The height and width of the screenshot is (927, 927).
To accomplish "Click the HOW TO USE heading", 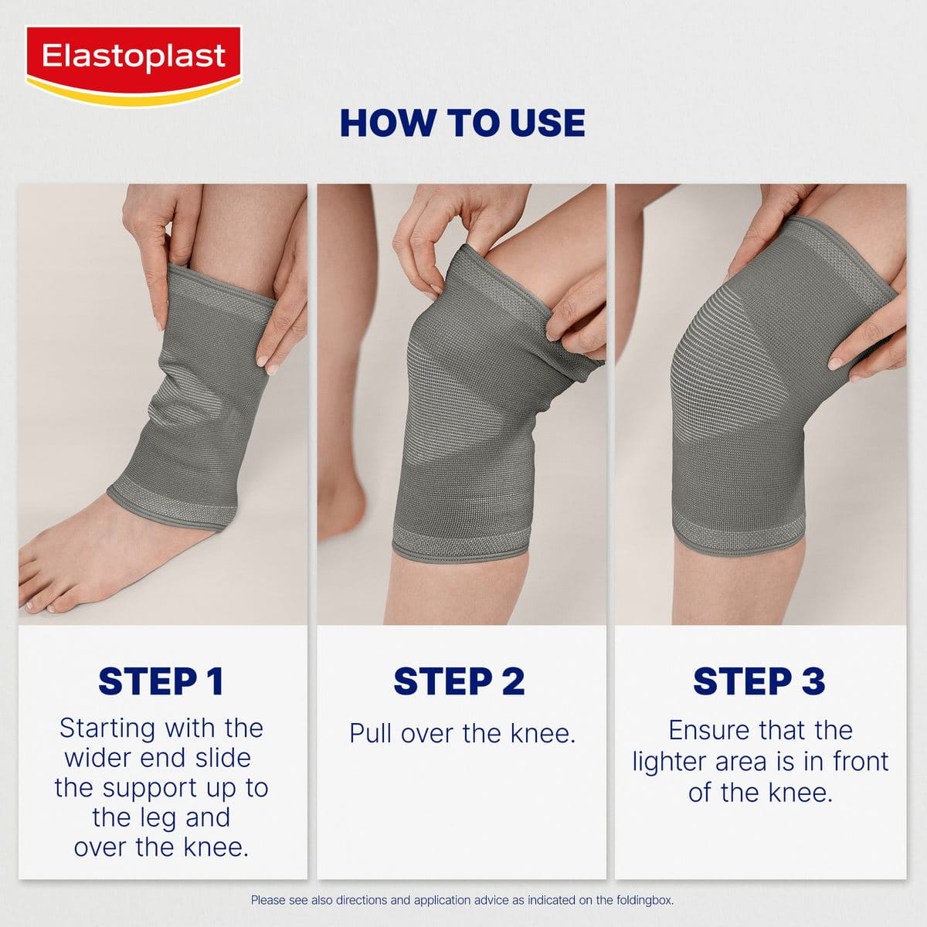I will tap(462, 124).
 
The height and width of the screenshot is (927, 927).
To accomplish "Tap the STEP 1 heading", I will tap(161, 681).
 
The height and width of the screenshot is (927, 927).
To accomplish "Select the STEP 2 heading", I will tap(459, 681).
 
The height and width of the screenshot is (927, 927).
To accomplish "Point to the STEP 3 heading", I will tap(759, 681).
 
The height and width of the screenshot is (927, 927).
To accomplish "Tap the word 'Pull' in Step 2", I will tap(372, 732).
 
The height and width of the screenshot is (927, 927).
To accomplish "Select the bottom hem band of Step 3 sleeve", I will tap(738, 533).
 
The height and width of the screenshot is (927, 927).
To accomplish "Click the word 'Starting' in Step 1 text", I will tap(107, 728).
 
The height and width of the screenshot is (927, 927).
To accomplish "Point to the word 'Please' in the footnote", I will tap(267, 900).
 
